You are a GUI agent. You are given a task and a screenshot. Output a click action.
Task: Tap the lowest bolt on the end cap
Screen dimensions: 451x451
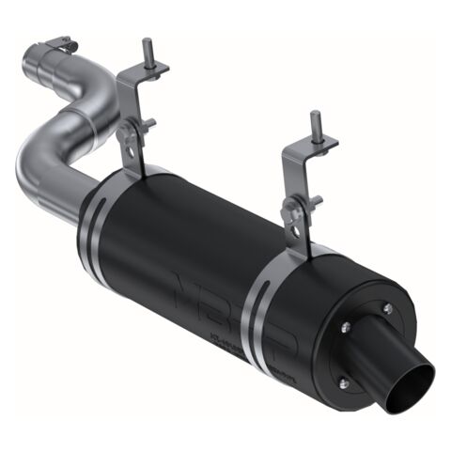(342, 381)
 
